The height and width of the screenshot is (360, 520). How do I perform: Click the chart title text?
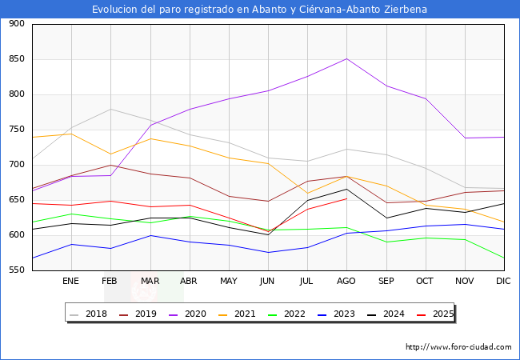[259, 10]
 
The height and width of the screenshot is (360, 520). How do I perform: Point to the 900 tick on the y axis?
[17, 24]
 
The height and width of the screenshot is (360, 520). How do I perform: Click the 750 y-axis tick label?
[17, 130]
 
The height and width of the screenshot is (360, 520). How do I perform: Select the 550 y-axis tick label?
[17, 270]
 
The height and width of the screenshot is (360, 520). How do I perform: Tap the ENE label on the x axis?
[71, 281]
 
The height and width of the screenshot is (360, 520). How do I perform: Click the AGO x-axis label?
[346, 281]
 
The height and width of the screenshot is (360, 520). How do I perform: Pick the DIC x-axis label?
[503, 281]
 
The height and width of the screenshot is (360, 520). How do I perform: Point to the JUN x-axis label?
[267, 281]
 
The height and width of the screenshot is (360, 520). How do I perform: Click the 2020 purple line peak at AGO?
[346, 58]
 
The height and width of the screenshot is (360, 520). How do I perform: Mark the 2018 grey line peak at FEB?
[110, 109]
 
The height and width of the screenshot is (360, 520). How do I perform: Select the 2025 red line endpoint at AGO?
[346, 198]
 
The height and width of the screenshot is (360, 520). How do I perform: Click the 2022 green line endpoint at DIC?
[503, 258]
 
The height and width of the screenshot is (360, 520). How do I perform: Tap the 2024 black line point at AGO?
[346, 189]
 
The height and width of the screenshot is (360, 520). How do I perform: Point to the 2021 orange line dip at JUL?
[306, 193]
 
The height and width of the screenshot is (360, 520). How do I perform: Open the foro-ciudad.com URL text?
[458, 347]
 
